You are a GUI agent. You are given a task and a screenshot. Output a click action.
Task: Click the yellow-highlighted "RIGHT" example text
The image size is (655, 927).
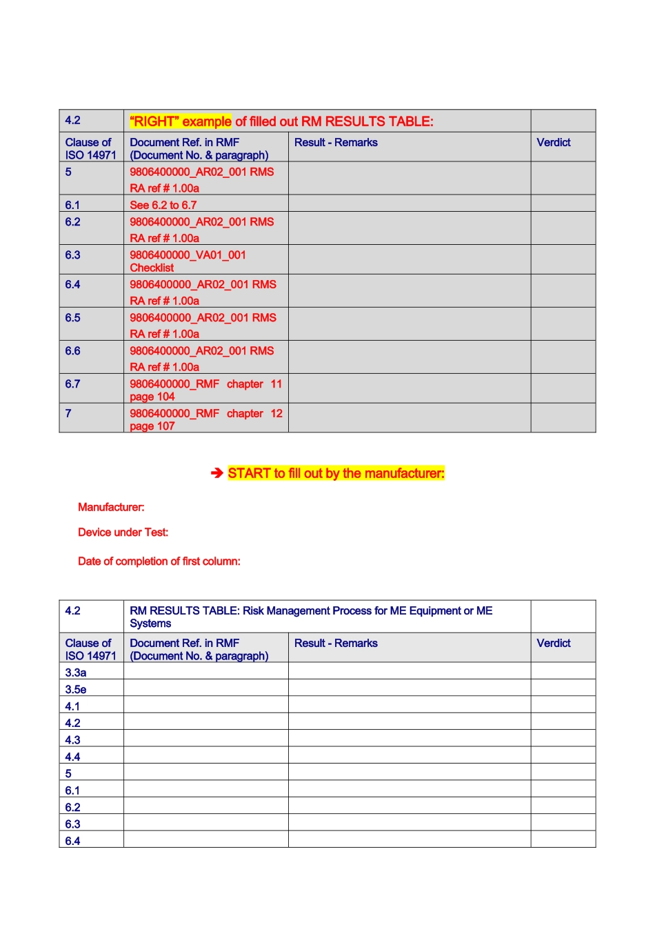tap(181, 121)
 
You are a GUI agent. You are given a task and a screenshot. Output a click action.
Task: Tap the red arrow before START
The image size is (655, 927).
tap(217, 473)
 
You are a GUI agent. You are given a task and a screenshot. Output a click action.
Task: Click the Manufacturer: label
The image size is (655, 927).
tap(111, 507)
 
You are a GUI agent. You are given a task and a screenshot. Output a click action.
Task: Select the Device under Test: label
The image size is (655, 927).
tap(123, 532)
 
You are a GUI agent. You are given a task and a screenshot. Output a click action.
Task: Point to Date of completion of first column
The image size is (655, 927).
tap(159, 561)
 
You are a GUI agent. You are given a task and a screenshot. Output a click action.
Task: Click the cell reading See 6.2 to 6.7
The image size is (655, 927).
tap(163, 205)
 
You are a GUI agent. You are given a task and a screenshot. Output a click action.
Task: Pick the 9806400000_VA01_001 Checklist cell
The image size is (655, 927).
tap(188, 261)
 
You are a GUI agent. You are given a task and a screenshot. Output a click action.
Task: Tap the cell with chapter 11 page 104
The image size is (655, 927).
tap(205, 390)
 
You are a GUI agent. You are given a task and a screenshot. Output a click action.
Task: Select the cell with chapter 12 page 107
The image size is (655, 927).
tap(205, 419)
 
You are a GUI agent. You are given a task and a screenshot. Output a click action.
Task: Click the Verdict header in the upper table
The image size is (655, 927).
tap(554, 142)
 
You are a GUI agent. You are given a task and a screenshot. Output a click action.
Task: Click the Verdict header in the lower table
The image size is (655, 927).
tap(554, 643)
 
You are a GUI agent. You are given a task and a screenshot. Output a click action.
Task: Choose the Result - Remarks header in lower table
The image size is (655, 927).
tap(336, 643)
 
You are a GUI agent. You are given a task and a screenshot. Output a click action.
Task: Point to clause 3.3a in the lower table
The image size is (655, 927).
tap(76, 672)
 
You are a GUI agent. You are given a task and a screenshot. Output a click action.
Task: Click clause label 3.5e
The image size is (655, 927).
tap(76, 689)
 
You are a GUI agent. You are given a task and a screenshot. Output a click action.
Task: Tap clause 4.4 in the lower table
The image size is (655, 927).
tap(72, 757)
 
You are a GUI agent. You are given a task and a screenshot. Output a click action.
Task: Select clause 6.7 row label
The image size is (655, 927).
tap(72, 383)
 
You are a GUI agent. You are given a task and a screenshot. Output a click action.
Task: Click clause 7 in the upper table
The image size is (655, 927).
tap(68, 413)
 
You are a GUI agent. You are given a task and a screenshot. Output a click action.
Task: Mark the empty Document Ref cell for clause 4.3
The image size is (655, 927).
tap(205, 739)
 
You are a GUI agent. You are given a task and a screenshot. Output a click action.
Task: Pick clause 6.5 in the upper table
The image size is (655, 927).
tap(72, 317)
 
